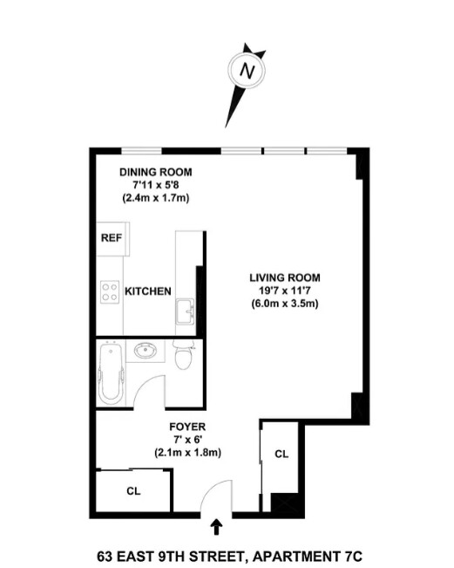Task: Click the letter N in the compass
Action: [x=247, y=71]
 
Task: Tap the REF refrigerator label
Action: [x=112, y=238]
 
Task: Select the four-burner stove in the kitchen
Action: [x=110, y=292]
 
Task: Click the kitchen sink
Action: [x=186, y=311]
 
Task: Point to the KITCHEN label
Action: [x=148, y=291]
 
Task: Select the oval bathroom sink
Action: [x=146, y=350]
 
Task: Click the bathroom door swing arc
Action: [x=143, y=384]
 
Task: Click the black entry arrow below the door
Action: [x=216, y=527]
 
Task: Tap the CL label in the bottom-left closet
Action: [x=133, y=491]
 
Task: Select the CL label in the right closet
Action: [x=281, y=454]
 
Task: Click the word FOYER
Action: [x=187, y=427]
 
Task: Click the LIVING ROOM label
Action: [x=285, y=277]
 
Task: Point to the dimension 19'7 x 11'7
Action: [x=285, y=291]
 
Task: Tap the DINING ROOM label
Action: [x=156, y=172]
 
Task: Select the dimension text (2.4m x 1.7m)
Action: [x=156, y=198]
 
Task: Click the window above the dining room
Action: [x=141, y=151]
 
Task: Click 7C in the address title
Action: [x=353, y=556]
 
